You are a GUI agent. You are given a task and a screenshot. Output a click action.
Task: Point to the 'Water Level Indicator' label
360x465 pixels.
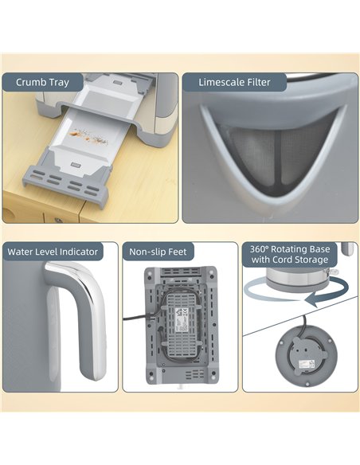coord(53,252)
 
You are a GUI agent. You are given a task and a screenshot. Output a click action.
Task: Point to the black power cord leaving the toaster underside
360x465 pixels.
coord(131,319)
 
